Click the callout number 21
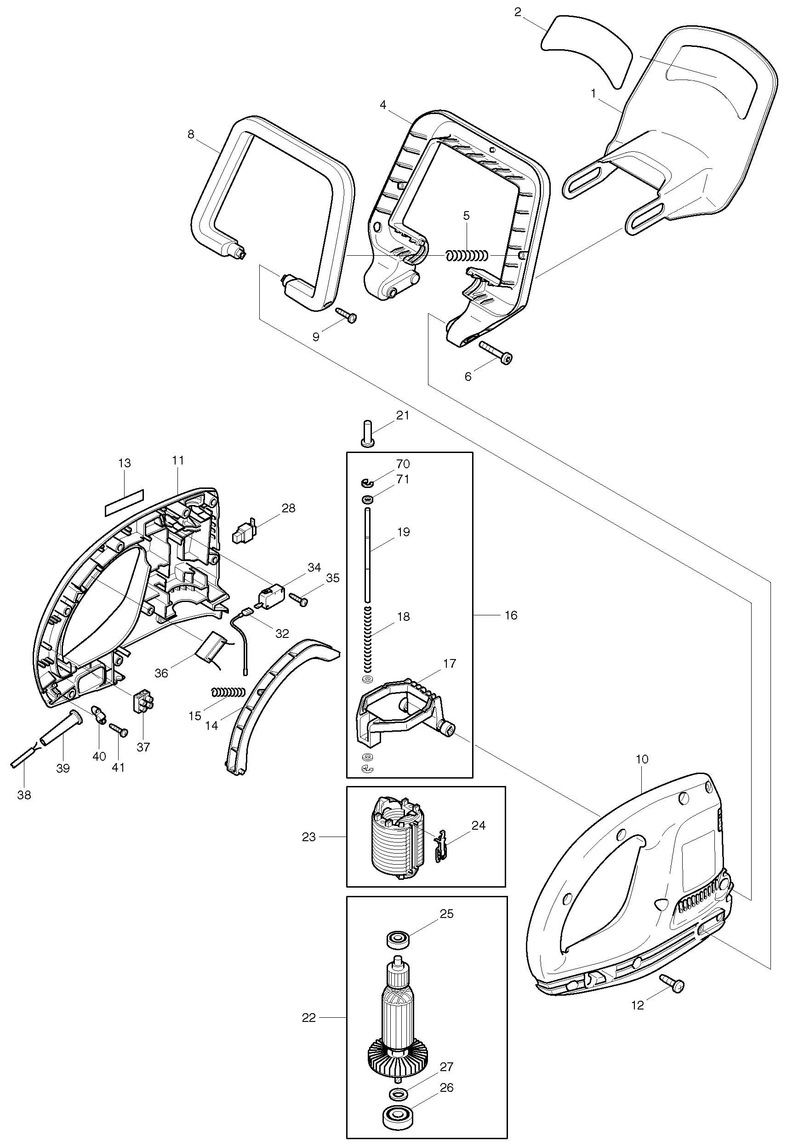pyautogui.click(x=403, y=416)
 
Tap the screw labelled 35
pyautogui.click(x=297, y=599)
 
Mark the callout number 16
pyautogui.click(x=511, y=615)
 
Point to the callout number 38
pyautogui.click(x=24, y=795)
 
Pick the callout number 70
pyautogui.click(x=403, y=464)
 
